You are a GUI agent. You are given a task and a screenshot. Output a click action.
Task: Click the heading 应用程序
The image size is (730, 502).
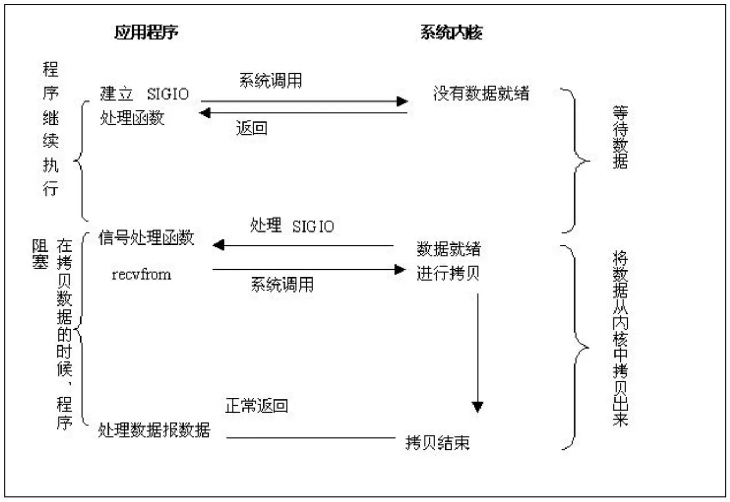tap(146, 32)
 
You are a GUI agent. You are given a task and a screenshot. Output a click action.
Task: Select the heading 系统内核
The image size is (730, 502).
tap(451, 32)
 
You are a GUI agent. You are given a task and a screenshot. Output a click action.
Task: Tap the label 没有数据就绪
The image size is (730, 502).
tap(481, 94)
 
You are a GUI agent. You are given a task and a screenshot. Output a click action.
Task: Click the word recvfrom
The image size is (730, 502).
tap(141, 274)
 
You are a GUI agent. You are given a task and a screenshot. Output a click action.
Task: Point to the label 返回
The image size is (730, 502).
tap(252, 128)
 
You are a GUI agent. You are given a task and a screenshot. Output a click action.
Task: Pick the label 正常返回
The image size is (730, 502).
tap(256, 406)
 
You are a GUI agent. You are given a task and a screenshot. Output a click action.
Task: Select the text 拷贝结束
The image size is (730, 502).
tap(437, 443)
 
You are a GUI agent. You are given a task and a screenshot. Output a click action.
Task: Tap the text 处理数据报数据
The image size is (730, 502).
tap(154, 430)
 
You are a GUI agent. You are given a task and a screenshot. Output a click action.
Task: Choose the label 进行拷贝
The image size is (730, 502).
tap(448, 273)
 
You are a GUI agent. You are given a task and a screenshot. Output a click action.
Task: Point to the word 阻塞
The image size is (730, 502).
tap(40, 254)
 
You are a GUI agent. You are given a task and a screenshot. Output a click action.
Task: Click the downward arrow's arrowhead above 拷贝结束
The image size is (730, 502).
tap(477, 406)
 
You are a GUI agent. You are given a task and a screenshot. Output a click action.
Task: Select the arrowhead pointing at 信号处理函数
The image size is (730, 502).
tap(218, 246)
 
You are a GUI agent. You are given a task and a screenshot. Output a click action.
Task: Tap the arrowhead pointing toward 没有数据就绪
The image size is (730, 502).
tap(402, 101)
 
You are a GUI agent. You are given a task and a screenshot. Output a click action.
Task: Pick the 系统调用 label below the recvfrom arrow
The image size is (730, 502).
tap(282, 284)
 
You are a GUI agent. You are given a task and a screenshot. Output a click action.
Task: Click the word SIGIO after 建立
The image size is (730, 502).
tap(168, 94)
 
